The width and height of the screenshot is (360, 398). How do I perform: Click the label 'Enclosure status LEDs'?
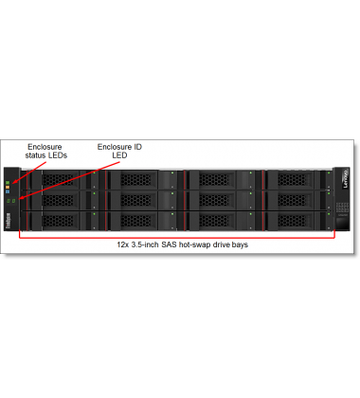tap(46, 152)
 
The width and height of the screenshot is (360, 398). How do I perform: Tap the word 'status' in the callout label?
tap(37, 156)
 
